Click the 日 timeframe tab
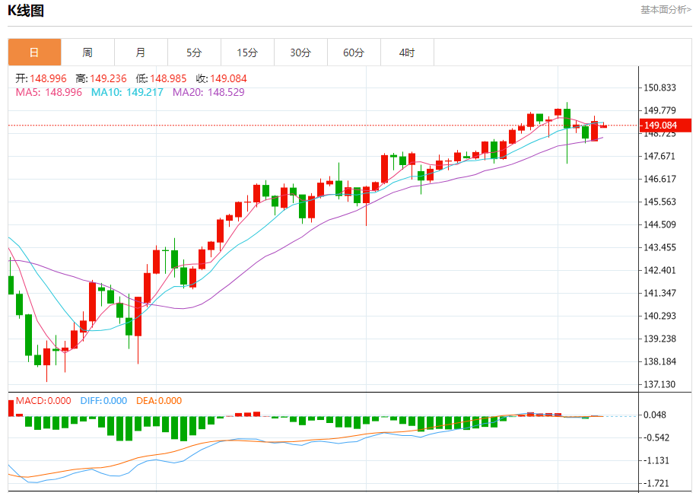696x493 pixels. click(x=34, y=52)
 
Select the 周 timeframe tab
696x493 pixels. click(x=87, y=52)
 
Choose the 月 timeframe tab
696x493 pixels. click(x=141, y=52)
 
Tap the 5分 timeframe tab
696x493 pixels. click(x=194, y=52)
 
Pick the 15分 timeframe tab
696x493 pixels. click(x=247, y=52)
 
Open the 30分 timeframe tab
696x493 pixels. click(x=300, y=52)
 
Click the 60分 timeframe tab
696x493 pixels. click(x=354, y=52)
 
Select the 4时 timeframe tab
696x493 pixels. click(x=407, y=52)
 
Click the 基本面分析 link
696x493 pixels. click(x=666, y=10)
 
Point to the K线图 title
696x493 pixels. click(x=26, y=11)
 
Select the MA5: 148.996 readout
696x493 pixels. click(x=49, y=92)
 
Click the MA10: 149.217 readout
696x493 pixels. click(x=127, y=92)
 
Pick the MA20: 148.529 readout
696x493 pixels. click(x=208, y=92)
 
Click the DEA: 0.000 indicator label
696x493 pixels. click(x=159, y=401)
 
